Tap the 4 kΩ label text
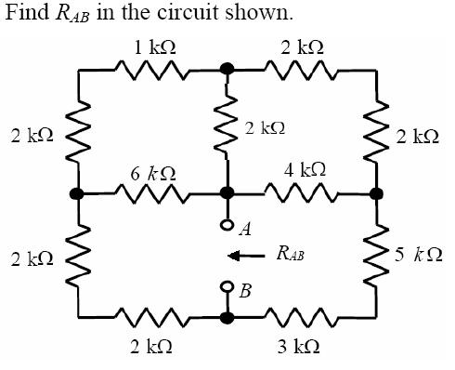pos(305,170)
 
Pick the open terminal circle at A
pos(226,223)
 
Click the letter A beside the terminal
pos(244,229)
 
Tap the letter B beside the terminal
pos(245,293)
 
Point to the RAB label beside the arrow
pos(290,253)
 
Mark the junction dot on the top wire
pos(226,69)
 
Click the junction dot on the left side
pos(77,194)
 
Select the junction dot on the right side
pos(376,194)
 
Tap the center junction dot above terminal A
pos(226,194)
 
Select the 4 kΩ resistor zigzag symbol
pos(300,194)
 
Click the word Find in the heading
pos(25,14)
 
